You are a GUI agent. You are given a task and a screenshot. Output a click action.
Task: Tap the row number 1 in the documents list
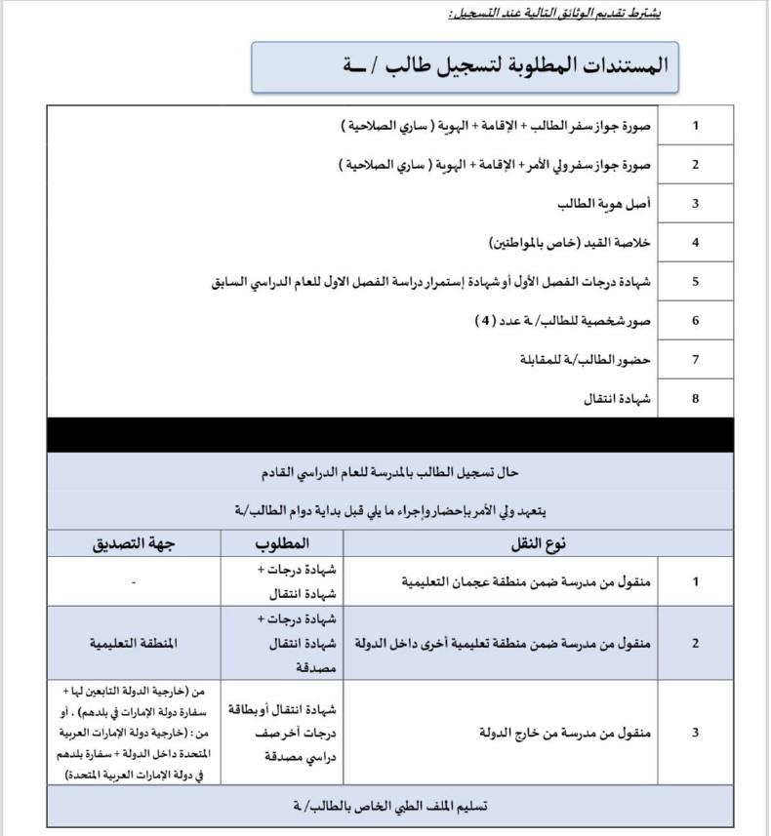[x=695, y=126]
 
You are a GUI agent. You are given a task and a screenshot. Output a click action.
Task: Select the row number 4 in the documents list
[x=695, y=242]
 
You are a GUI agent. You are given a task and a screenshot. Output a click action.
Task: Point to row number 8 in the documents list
[x=695, y=398]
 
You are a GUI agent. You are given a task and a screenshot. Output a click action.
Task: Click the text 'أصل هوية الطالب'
[x=604, y=203]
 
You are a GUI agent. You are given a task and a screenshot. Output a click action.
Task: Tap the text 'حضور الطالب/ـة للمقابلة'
[x=585, y=359]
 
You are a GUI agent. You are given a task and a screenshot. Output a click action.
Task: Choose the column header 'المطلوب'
[x=282, y=542]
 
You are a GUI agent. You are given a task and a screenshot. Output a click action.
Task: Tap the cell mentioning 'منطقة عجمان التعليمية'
[x=527, y=581]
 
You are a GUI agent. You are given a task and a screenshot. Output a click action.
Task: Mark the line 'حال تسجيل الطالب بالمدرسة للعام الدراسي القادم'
[x=390, y=473]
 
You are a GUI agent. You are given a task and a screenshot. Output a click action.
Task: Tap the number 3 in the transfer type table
[x=695, y=732]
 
